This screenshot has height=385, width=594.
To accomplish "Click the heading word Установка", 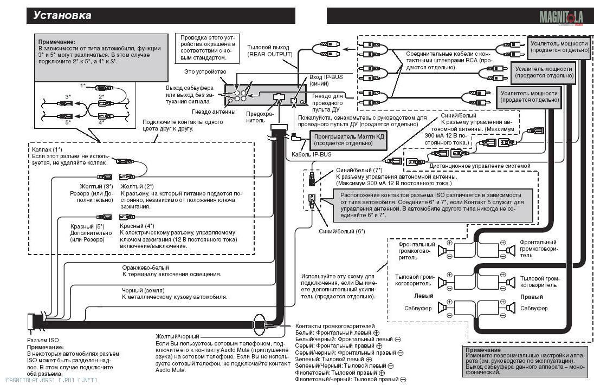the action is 62,15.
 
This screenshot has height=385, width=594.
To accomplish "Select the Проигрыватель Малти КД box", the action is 348,140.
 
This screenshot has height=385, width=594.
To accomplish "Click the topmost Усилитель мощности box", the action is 559,47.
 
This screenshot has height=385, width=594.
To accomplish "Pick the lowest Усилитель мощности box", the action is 529,96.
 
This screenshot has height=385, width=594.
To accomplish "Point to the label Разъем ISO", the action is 43,340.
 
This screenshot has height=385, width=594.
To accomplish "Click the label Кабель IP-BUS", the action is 312,154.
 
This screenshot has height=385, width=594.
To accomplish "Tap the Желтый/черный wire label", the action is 177,336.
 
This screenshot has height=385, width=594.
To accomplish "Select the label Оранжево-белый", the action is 145,267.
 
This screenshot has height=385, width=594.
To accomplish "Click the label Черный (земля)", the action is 143,290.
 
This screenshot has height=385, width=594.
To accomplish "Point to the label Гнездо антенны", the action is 214,112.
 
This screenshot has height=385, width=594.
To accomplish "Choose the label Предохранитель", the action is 260,117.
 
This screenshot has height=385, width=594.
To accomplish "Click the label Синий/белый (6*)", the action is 341,231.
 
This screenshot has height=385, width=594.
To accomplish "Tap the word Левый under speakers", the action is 423,296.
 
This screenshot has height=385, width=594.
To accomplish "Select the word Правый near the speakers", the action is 532,297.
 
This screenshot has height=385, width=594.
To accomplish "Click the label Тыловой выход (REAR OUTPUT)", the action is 270,51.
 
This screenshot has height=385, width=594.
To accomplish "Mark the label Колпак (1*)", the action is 47,149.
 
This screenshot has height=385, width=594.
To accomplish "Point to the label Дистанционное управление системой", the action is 480,166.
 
